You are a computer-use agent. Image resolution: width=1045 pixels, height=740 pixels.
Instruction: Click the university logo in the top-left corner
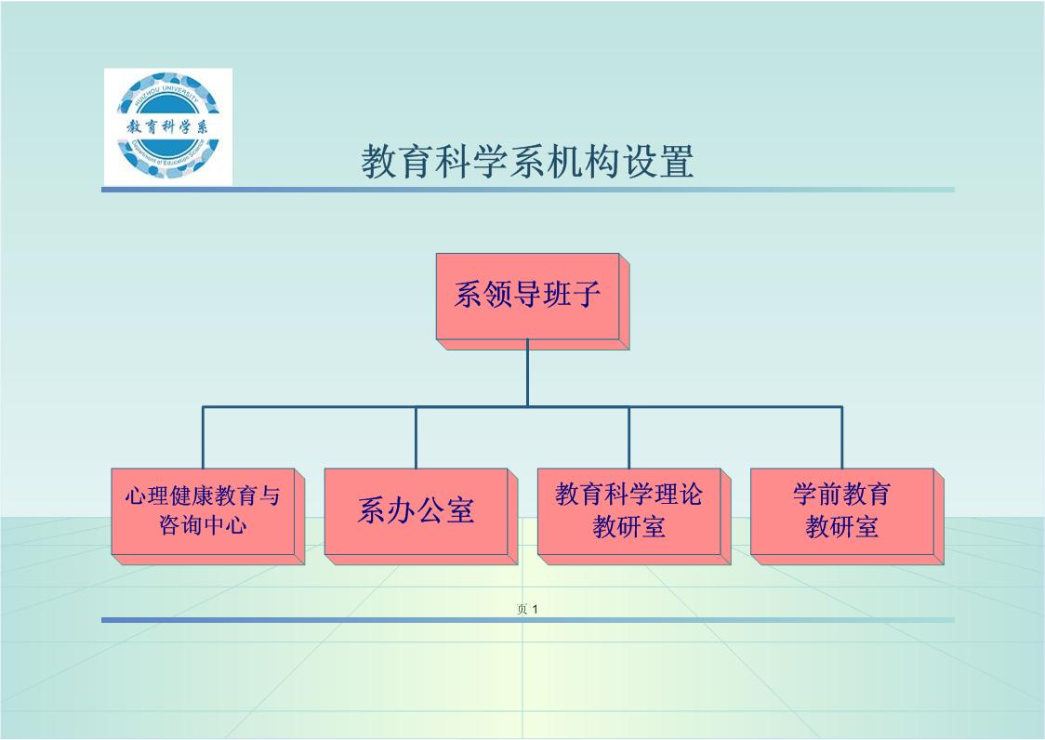167,126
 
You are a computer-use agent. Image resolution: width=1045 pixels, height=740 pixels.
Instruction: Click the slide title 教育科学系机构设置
527,162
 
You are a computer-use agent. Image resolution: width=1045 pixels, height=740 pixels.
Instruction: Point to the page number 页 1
528,610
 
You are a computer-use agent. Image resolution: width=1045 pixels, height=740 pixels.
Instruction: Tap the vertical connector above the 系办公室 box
416,437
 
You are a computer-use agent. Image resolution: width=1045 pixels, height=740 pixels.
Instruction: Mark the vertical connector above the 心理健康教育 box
203,437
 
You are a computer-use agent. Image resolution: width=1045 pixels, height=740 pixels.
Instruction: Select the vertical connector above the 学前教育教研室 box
842,437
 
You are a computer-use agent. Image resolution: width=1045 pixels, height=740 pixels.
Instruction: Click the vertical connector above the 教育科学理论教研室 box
629,437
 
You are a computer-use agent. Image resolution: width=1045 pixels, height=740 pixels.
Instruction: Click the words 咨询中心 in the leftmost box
203,526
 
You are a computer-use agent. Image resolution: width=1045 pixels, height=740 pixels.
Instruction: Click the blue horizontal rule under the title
527,190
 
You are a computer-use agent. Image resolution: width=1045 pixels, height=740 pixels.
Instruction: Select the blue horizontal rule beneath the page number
527,620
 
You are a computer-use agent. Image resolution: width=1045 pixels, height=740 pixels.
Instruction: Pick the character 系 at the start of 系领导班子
468,296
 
